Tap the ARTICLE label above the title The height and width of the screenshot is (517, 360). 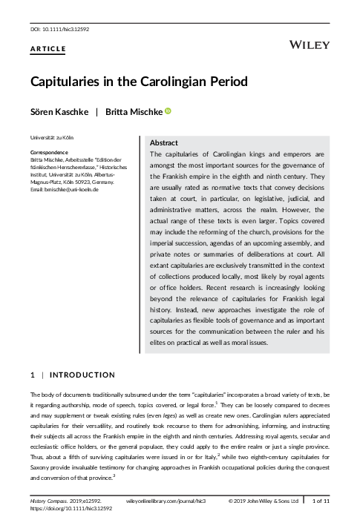48,49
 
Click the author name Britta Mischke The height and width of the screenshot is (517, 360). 130,112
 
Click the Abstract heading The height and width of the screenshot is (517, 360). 163,142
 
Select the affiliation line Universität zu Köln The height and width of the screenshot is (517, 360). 51,138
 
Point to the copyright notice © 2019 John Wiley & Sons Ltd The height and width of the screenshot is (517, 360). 275,502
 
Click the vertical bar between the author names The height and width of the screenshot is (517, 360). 96,112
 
